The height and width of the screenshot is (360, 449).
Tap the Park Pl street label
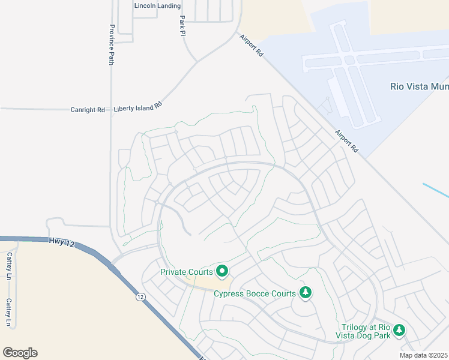(182, 25)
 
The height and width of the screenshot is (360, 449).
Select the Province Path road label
(111, 44)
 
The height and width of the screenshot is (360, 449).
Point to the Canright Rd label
(88, 110)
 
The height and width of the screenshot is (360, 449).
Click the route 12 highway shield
(140, 296)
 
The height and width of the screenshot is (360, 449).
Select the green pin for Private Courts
(222, 272)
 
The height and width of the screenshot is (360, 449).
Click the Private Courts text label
(187, 272)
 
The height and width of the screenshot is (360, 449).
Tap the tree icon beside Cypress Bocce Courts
(306, 293)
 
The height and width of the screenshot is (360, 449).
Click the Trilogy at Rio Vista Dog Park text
(366, 331)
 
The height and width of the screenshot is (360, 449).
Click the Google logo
(20, 353)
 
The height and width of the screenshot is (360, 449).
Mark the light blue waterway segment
(436, 189)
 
